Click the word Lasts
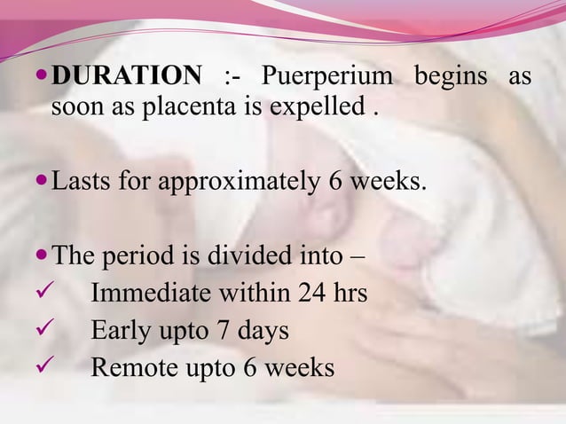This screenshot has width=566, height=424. (x=80, y=185)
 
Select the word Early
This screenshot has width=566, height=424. (x=119, y=332)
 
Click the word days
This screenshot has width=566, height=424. (x=263, y=332)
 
